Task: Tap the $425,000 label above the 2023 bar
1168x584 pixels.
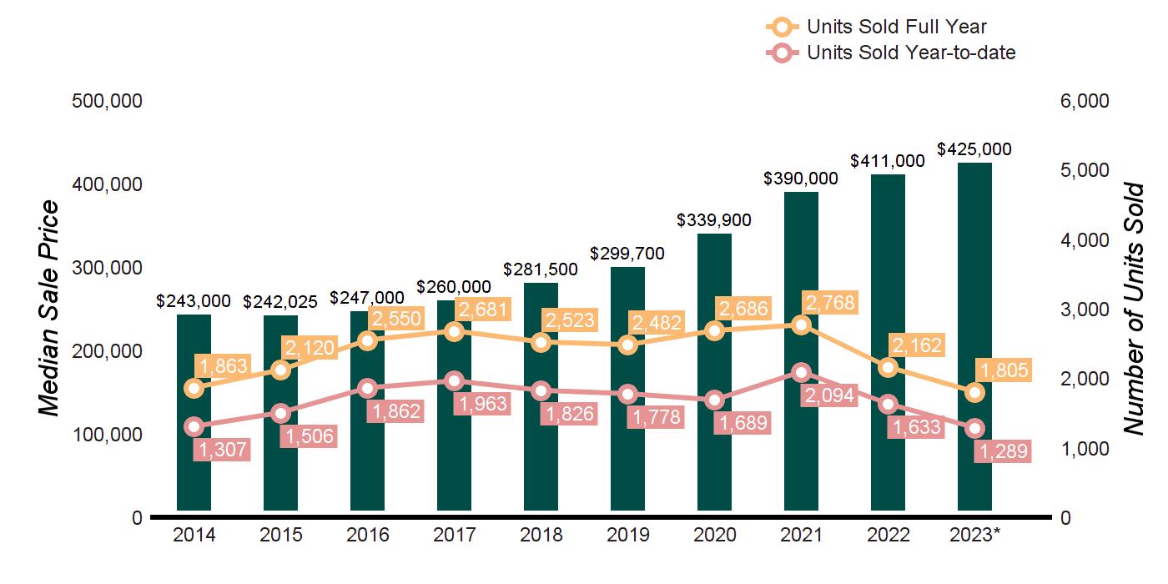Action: (x=974, y=150)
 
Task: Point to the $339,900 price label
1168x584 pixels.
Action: (x=714, y=221)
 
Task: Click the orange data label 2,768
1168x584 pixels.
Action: (x=828, y=302)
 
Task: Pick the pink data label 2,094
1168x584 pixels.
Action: (x=828, y=395)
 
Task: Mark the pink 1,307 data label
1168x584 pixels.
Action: (x=222, y=450)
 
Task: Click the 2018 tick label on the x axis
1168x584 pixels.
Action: (x=541, y=536)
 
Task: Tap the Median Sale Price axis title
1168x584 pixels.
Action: (x=50, y=309)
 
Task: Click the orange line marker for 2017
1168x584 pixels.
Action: (x=455, y=331)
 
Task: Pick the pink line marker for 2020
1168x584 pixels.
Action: (x=714, y=400)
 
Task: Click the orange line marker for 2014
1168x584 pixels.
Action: (x=194, y=388)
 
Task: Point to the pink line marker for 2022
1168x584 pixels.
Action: (x=888, y=405)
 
